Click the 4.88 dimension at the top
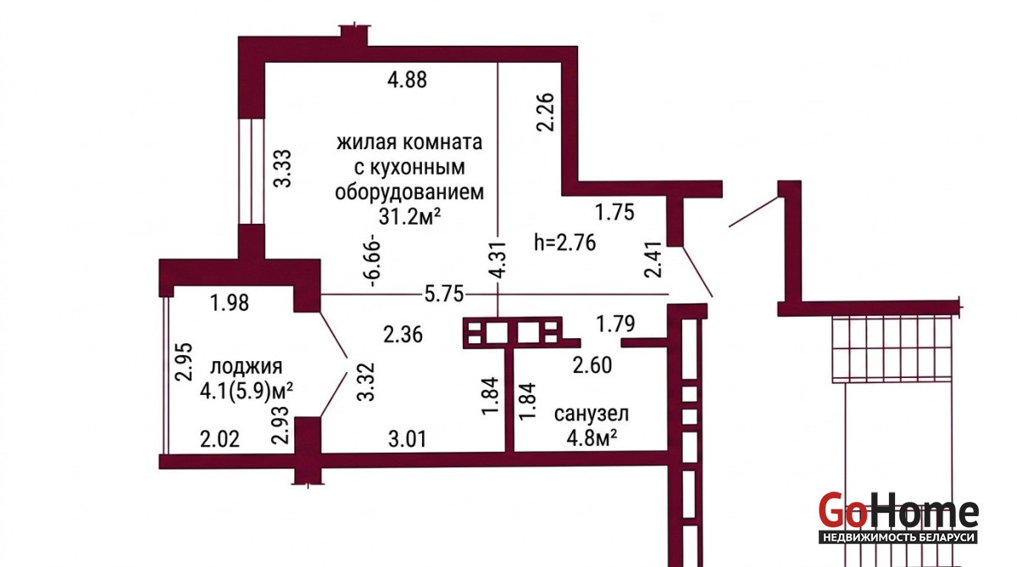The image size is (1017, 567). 407,80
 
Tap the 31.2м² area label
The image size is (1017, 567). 409,216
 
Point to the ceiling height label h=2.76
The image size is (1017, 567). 564,242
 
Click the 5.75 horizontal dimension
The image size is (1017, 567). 443,294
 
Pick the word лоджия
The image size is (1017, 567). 247,366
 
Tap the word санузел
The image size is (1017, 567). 592,414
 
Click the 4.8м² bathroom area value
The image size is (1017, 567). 592,438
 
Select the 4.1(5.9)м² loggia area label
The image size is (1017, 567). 246,391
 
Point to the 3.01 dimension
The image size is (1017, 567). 408,439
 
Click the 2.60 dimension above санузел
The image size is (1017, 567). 592,365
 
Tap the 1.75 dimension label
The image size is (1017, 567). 614,213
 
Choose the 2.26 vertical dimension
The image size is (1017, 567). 545,112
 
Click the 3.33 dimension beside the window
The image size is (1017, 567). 282,169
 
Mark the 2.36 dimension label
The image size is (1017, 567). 403,335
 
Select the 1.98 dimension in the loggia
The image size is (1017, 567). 230,303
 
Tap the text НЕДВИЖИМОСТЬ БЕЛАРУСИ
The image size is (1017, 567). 898,537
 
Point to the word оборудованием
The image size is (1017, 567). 409,192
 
